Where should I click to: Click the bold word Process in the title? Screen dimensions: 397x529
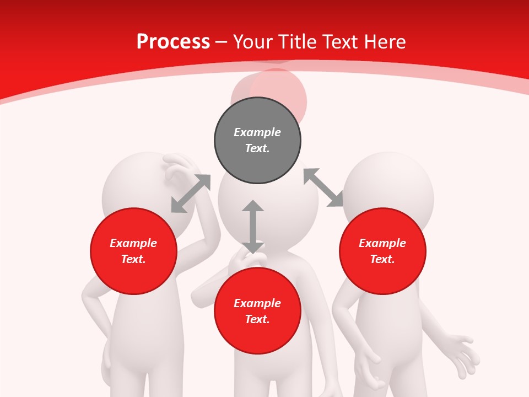173,42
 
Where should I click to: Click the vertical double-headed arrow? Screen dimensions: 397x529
253,227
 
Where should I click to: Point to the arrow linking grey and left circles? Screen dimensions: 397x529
191,194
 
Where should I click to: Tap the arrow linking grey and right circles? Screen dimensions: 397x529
323,188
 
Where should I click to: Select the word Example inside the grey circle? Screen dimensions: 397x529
257,132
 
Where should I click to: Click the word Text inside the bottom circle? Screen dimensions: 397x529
257,319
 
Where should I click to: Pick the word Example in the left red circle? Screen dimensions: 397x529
133,243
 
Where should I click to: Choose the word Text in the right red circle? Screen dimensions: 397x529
382,259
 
